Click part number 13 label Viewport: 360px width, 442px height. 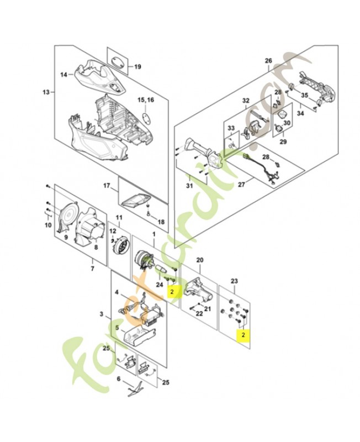tap(46, 92)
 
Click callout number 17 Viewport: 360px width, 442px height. tap(107, 186)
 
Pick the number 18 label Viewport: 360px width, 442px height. tap(161, 222)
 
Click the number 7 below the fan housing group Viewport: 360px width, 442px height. tap(92, 269)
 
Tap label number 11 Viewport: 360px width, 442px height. tap(117, 218)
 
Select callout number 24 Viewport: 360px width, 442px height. tap(158, 285)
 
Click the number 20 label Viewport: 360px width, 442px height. tap(200, 260)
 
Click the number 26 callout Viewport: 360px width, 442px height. tap(269, 60)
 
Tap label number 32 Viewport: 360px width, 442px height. tap(246, 101)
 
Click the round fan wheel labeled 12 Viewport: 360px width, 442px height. tap(117, 245)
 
